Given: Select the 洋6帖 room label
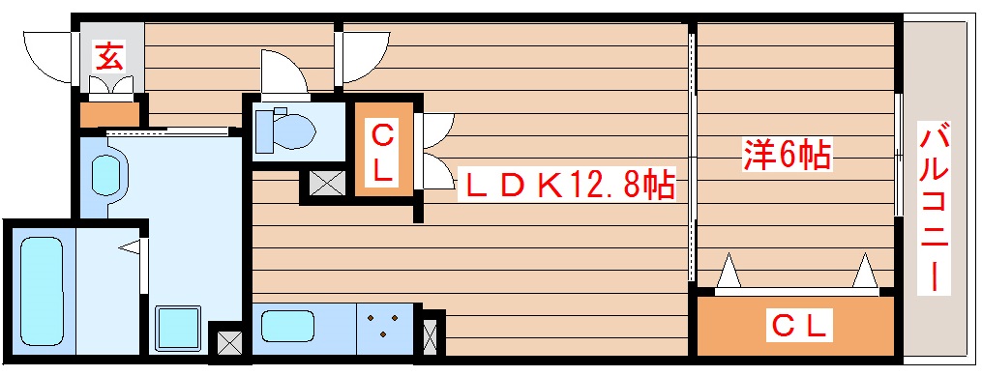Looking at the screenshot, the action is point(787,155).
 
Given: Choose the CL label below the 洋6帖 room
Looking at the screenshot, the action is point(800,326).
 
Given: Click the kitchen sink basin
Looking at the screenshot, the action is point(287,324).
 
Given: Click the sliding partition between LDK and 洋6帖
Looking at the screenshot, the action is point(693,155).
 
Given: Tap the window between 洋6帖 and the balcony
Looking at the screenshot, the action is point(899,155).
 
